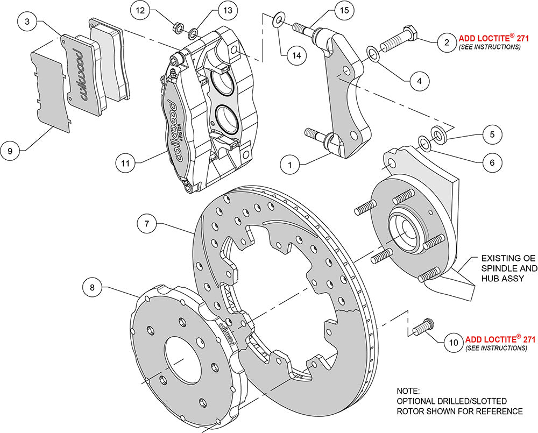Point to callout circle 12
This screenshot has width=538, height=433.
(140, 10)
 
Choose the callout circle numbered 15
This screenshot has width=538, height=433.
(344, 10)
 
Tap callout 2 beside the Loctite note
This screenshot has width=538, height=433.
(446, 42)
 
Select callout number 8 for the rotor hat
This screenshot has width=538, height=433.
(94, 288)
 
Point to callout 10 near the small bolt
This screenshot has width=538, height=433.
(452, 340)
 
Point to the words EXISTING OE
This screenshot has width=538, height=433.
(505, 258)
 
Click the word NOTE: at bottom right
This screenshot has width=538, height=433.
(408, 391)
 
